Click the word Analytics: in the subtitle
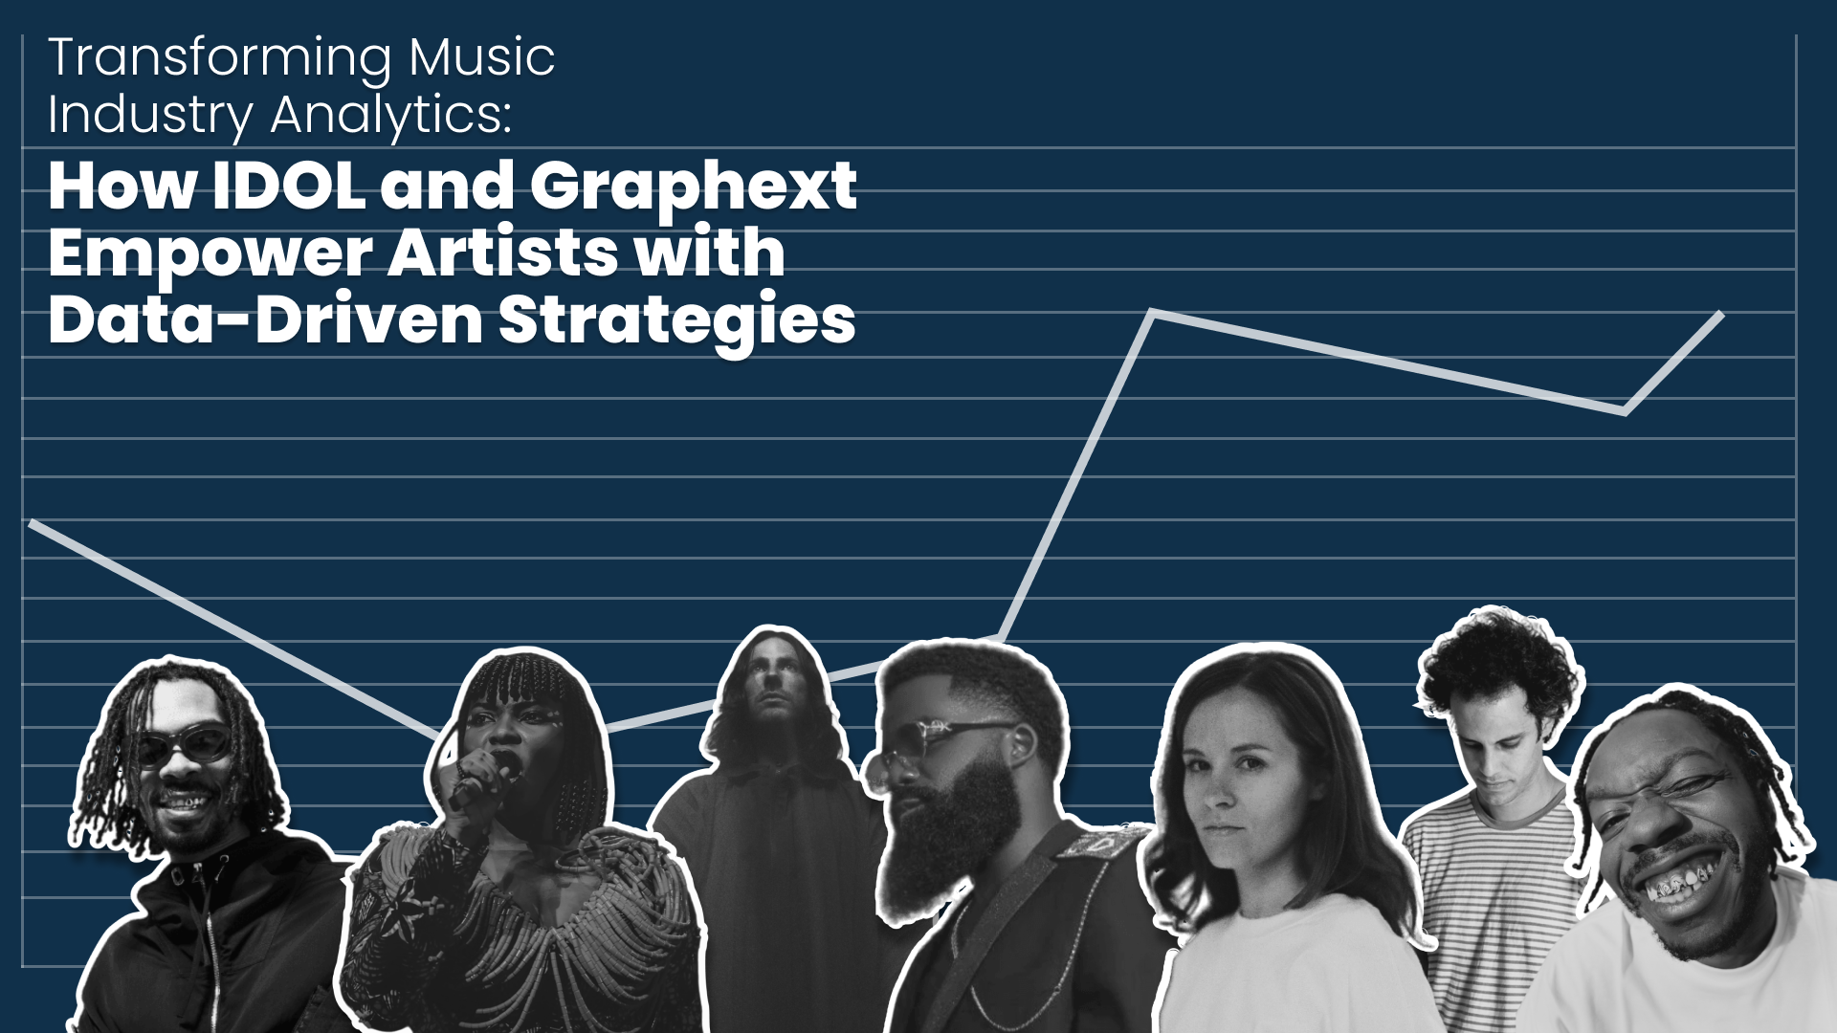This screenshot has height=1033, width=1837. pos(390,116)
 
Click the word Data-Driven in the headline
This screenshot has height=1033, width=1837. pos(266,319)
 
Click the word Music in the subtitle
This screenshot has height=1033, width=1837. pos(482,57)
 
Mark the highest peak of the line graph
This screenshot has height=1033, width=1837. pos(1153,313)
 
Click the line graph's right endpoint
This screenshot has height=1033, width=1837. pos(1721,314)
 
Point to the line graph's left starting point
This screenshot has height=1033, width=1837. pos(33,522)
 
